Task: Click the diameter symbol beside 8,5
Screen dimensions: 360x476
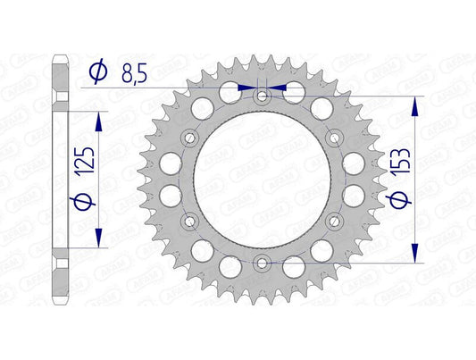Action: tap(98, 69)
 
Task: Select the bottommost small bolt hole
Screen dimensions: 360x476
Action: tap(262, 262)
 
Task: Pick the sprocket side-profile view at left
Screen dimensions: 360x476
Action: tap(62, 179)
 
